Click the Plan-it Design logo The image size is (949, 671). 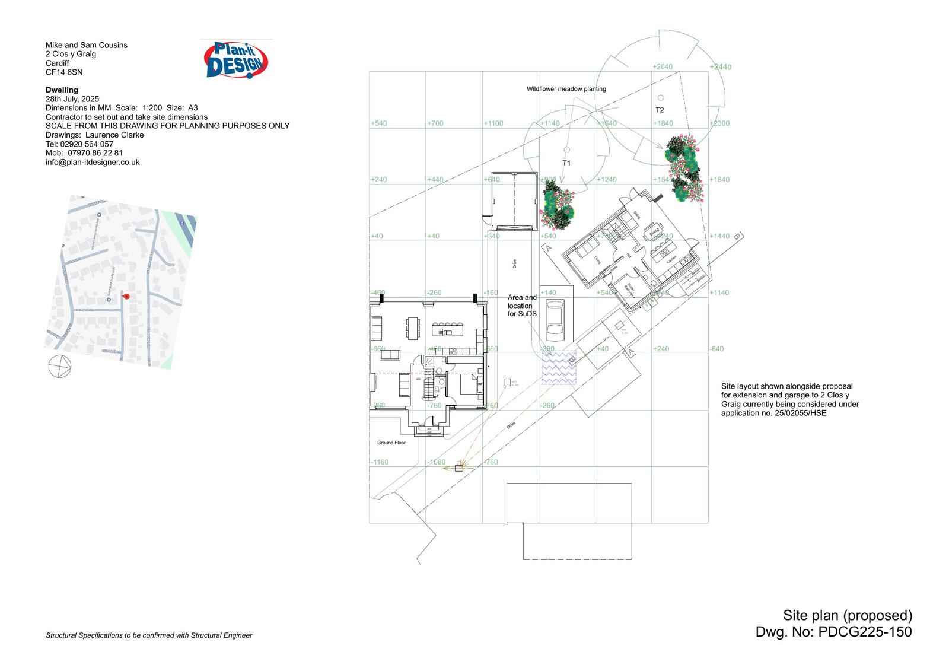(x=235, y=60)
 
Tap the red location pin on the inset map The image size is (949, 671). (x=125, y=296)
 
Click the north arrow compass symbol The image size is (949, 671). (x=59, y=365)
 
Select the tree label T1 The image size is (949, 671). (x=566, y=163)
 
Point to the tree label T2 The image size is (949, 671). (x=660, y=110)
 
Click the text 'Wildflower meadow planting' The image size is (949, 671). (x=566, y=89)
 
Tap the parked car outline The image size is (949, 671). (x=555, y=320)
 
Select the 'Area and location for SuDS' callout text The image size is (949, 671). (x=522, y=306)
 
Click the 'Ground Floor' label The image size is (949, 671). (x=391, y=443)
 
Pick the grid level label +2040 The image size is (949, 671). (x=663, y=67)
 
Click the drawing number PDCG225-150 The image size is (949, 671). (x=865, y=632)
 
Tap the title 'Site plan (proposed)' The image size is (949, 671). (x=847, y=615)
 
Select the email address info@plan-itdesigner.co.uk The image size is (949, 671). (x=93, y=162)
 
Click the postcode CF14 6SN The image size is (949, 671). (x=64, y=72)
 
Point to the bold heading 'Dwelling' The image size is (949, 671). (x=62, y=90)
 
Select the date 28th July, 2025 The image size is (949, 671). (x=72, y=99)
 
